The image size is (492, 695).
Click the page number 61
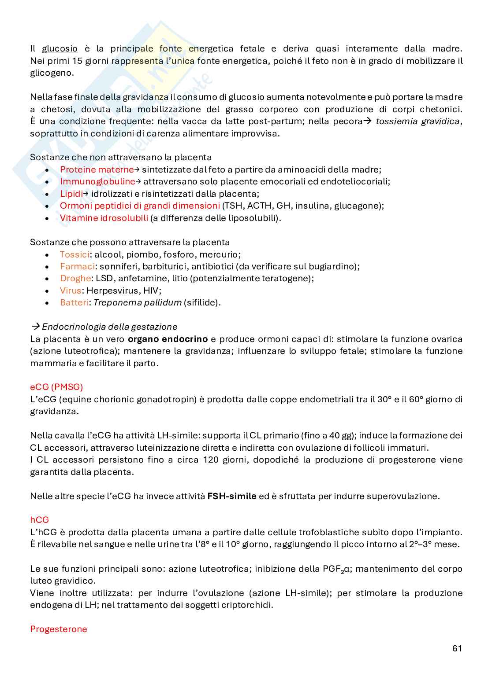pos(457,648)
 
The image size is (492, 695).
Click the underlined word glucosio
pos(60,49)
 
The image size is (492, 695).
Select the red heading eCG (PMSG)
pos(56,387)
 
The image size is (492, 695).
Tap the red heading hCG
pos(39,520)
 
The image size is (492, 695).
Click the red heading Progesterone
pos(58,629)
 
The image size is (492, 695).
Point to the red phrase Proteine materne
pos(97,170)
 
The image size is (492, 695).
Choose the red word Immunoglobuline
pos(97,182)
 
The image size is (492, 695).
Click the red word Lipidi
pos(71,194)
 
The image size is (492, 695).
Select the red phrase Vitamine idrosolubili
pos(104,218)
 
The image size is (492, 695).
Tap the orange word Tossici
pos(74,254)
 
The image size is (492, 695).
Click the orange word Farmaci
pos(77,267)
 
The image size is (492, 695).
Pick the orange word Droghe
pos(75,279)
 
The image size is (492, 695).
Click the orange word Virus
pos(71,291)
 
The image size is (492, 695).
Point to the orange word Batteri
pos(74,303)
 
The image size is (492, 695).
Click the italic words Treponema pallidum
pos(138,303)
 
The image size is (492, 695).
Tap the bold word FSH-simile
pos(231,496)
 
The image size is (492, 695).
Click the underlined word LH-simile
pos(177,436)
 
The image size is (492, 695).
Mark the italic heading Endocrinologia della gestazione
pos(109,327)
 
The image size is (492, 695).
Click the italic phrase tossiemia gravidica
pos(417,121)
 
